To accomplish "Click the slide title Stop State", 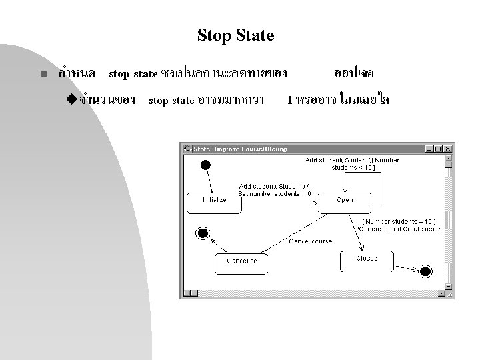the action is pos(235,35).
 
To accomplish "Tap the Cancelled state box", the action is pos(241,262).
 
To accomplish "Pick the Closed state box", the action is pos(366,259).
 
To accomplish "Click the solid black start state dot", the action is pos(205,165).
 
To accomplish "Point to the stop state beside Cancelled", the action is pos(201,233).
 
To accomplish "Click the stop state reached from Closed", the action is pos(425,271).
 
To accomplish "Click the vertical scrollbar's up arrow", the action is pos(449,158).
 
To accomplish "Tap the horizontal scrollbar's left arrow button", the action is pos(186,293).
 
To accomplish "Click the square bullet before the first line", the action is pos(42,75).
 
